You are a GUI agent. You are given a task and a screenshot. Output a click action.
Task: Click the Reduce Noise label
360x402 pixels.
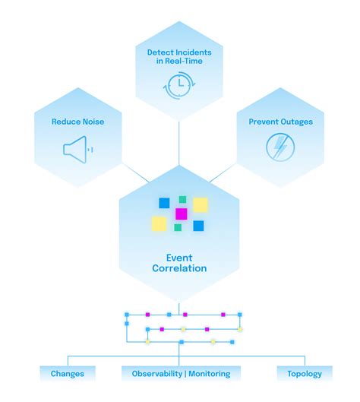click(x=77, y=122)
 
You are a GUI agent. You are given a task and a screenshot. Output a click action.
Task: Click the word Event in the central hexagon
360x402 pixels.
click(x=180, y=257)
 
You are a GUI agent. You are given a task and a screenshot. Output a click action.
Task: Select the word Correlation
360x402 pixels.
click(x=180, y=268)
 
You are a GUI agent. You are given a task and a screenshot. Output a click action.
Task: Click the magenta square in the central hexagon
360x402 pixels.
click(x=181, y=214)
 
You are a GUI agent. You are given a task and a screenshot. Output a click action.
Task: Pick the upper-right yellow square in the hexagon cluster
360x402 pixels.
click(x=200, y=205)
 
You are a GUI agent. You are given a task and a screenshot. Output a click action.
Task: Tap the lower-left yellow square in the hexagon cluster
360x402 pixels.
click(x=159, y=223)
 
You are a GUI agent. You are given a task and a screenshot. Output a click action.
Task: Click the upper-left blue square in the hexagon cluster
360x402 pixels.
click(x=164, y=203)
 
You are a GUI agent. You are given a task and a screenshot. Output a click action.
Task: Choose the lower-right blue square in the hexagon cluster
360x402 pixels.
click(x=198, y=226)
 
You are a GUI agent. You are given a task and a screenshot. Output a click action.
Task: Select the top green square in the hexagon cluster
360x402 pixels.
click(x=182, y=200)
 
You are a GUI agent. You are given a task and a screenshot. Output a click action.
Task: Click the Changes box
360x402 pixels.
click(x=68, y=373)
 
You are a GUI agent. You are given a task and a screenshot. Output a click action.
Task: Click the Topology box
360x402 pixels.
click(x=305, y=373)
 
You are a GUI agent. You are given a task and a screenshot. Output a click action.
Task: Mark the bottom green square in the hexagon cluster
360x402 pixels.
click(x=178, y=227)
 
